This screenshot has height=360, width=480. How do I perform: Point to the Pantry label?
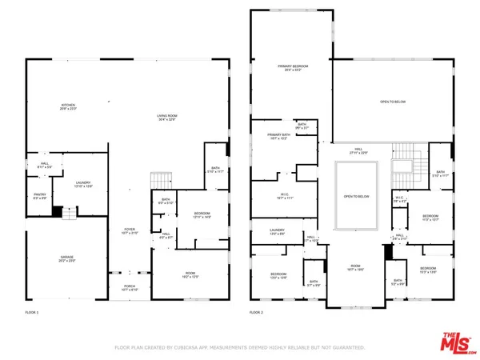pyautogui.click(x=39, y=196)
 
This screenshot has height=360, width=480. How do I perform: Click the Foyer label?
pyautogui.click(x=128, y=232)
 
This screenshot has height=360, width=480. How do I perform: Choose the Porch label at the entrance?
pyautogui.click(x=128, y=288)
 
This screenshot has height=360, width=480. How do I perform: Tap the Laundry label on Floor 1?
pyautogui.click(x=84, y=186)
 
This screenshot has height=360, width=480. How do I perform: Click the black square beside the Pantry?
pyautogui.click(x=57, y=212)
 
